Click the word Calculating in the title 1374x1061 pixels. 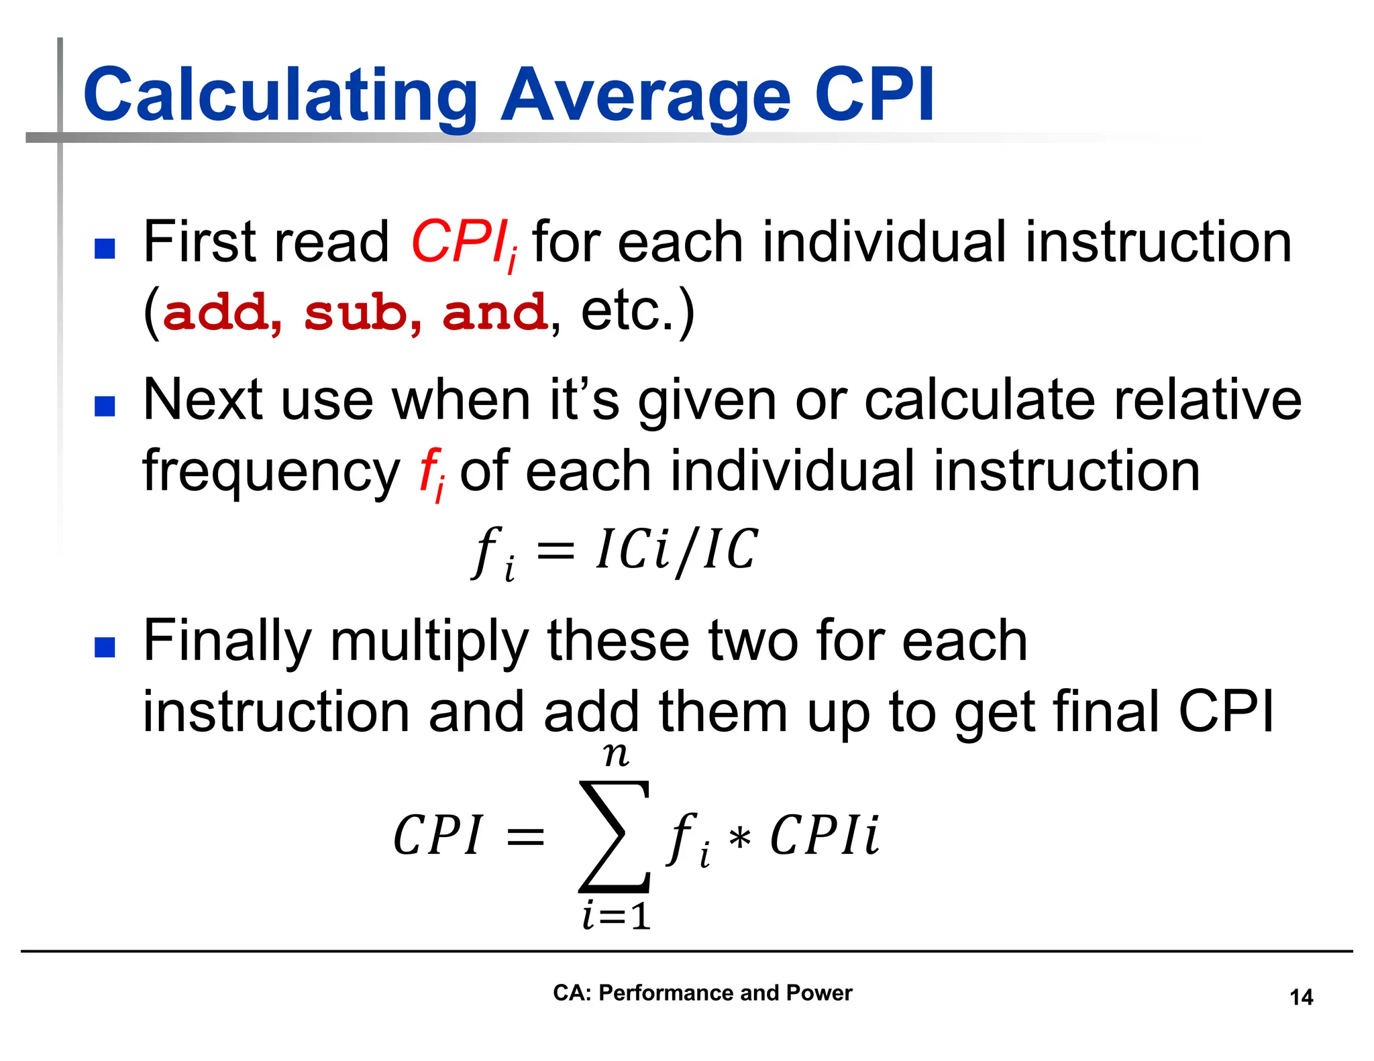coord(279,95)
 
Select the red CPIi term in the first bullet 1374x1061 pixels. coord(463,243)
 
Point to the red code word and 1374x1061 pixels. coord(495,313)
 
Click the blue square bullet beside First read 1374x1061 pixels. coord(105,249)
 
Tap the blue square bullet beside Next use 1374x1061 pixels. coord(105,406)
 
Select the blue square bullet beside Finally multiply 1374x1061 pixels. coord(105,647)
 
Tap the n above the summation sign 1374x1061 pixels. coord(616,755)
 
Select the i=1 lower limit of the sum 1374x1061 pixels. coord(617,916)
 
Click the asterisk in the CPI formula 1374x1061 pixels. coord(739,838)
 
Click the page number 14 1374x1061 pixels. coord(1301,997)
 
